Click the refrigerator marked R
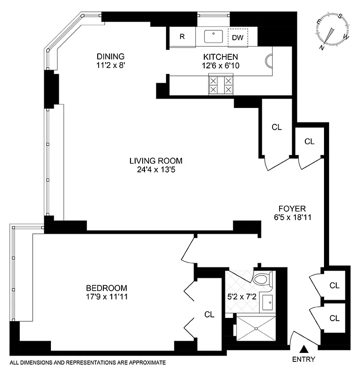[182, 37]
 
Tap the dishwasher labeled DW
[238, 37]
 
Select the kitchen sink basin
[215, 35]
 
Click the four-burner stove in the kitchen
[221, 85]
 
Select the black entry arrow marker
[304, 348]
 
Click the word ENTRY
[304, 360]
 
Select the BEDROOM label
[107, 288]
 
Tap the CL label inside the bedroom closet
[209, 315]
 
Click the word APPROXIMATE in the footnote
[144, 362]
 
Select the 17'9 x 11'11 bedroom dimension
[107, 297]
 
